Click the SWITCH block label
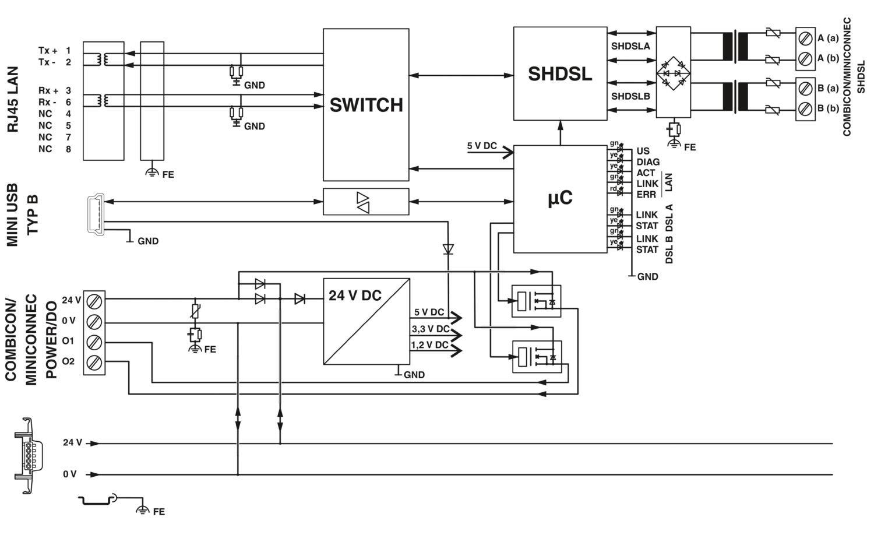[x=366, y=105]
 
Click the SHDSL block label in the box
[x=559, y=73]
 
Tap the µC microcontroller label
[x=560, y=198]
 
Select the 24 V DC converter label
[x=355, y=296]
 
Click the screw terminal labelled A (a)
[x=805, y=39]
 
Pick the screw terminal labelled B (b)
[x=805, y=108]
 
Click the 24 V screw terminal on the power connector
[x=94, y=301]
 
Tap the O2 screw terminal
[x=94, y=362]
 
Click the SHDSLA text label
[x=630, y=46]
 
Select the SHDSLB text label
[x=630, y=96]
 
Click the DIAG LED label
[x=648, y=162]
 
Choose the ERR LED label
[x=646, y=195]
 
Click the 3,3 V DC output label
[x=430, y=329]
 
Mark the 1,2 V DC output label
[x=430, y=345]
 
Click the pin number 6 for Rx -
[x=68, y=102]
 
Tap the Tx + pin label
[x=48, y=51]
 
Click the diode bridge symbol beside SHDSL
[x=673, y=73]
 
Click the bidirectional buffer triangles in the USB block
[x=363, y=202]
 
